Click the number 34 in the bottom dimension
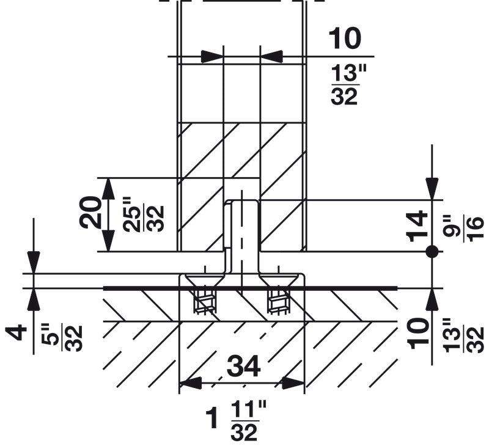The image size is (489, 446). point(243,367)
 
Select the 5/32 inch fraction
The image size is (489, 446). point(65,334)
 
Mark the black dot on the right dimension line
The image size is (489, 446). point(432,251)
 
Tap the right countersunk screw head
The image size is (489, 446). point(278,280)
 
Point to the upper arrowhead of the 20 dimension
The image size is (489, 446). point(108,188)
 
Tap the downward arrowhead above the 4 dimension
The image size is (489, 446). point(33,261)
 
